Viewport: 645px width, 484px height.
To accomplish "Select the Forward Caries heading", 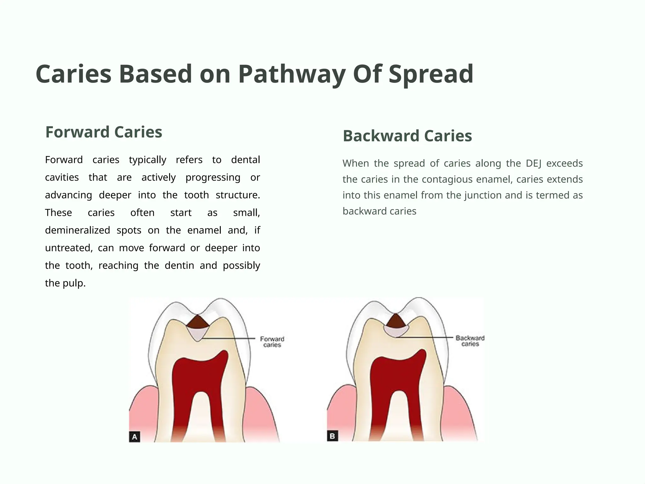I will click(104, 132).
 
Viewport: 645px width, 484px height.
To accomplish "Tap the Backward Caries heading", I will click(407, 136).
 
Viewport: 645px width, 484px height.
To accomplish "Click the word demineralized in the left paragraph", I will click(77, 230).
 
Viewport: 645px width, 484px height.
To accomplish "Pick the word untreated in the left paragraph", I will click(69, 248).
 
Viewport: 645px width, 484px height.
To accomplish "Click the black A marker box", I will click(134, 437).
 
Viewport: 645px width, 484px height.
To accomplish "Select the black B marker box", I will click(332, 436).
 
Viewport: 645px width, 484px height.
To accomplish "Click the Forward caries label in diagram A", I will click(272, 342).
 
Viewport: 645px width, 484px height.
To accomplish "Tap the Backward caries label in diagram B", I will click(470, 341).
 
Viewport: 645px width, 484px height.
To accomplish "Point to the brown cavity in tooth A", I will click(197, 322).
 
